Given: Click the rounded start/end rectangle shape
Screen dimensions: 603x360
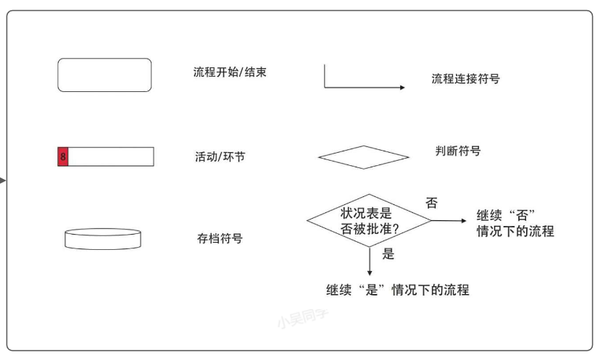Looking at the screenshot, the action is click(x=104, y=75).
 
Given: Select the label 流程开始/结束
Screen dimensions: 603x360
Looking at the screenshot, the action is click(x=230, y=72).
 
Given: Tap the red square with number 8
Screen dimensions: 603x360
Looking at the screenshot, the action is click(x=63, y=156).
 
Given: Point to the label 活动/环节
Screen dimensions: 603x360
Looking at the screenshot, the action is click(x=220, y=156).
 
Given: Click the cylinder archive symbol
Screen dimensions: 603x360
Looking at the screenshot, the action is click(x=103, y=239).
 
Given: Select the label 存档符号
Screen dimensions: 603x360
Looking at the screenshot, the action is click(x=220, y=238).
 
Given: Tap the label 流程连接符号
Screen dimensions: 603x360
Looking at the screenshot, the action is click(x=465, y=79).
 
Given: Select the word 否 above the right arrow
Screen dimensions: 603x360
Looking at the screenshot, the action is click(x=431, y=204).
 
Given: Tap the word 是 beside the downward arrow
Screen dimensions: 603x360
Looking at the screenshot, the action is click(x=388, y=254).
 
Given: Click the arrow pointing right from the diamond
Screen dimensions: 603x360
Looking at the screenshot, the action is click(x=449, y=220).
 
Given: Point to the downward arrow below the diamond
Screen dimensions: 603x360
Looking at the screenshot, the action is click(x=370, y=261).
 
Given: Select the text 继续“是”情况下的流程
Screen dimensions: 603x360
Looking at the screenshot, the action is click(x=397, y=290).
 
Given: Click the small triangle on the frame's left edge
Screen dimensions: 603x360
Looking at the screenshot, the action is click(x=4, y=180).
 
